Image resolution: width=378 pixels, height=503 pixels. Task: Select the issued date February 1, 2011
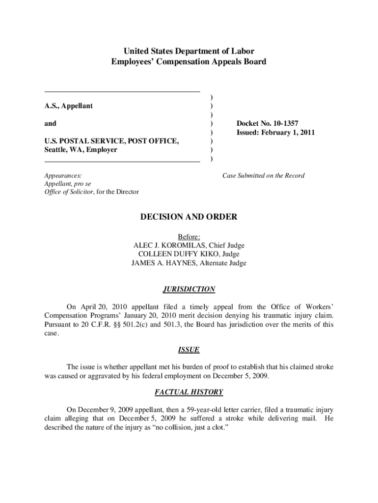288,132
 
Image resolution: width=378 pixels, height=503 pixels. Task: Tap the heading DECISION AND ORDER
189,217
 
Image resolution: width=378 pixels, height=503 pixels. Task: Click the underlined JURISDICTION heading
189,289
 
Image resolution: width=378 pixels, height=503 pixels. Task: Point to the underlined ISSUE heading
189,350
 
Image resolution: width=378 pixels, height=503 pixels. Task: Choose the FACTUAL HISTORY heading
189,392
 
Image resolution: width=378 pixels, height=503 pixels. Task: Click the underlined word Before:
189,237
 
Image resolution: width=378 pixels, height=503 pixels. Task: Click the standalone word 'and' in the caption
50,123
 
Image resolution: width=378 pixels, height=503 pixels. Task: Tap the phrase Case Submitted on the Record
263,175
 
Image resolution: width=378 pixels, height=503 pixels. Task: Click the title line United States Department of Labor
189,51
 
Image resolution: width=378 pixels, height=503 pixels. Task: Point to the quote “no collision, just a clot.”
189,427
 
